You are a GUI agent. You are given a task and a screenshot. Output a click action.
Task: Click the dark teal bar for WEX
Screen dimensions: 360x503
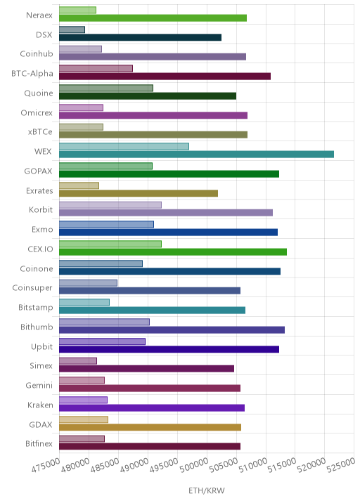click(x=197, y=155)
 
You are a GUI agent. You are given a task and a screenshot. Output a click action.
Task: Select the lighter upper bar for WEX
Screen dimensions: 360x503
click(x=124, y=146)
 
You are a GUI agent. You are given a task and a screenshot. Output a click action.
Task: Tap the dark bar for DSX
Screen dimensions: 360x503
click(x=141, y=37)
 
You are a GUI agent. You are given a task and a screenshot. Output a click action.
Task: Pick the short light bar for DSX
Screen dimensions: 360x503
click(x=72, y=30)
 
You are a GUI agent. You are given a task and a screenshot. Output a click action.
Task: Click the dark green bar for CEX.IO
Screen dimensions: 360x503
click(x=173, y=251)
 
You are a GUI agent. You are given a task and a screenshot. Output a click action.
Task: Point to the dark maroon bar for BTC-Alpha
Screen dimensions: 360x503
click(x=165, y=77)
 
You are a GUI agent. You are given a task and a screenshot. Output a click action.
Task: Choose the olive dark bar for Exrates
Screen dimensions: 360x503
click(x=139, y=193)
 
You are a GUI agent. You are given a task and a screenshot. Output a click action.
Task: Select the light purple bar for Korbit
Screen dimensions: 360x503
click(x=110, y=205)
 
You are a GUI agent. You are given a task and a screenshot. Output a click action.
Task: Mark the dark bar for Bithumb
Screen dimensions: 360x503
click(x=172, y=329)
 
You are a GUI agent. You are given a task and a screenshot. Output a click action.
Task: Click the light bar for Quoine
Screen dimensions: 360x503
click(x=106, y=88)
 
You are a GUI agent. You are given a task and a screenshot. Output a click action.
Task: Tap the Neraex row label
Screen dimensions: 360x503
click(x=39, y=15)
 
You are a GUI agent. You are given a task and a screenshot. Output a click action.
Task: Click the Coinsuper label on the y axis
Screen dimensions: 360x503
click(x=32, y=288)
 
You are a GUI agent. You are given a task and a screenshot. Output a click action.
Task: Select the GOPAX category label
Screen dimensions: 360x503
click(x=38, y=171)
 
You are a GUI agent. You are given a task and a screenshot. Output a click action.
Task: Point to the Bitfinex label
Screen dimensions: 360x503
click(x=39, y=444)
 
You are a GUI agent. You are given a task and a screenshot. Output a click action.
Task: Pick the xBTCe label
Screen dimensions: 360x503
click(x=40, y=132)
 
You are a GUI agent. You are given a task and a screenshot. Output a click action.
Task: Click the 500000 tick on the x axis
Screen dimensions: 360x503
click(x=193, y=466)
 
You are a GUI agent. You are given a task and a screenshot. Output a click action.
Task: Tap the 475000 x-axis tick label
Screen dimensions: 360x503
click(x=46, y=466)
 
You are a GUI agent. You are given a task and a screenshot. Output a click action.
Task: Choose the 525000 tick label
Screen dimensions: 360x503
click(x=341, y=466)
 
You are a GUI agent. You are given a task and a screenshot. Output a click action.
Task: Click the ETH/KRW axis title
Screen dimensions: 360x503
click(x=207, y=491)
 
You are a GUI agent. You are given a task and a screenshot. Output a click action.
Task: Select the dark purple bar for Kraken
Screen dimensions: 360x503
click(x=152, y=407)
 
